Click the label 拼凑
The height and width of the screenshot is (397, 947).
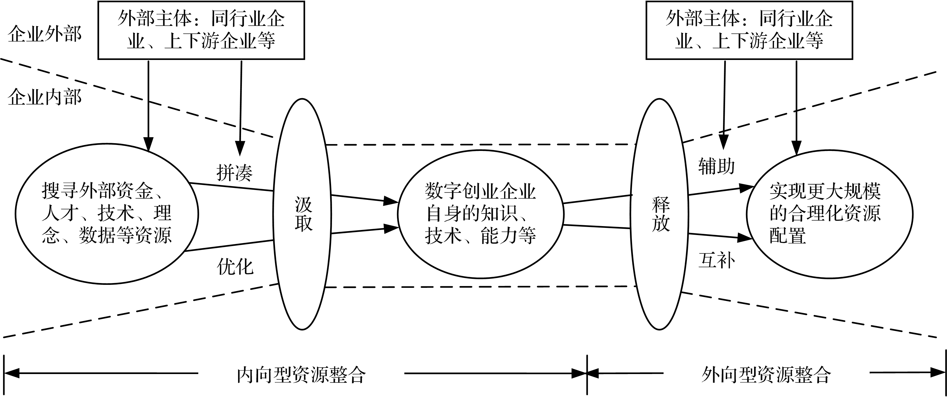234,173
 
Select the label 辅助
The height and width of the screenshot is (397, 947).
716,166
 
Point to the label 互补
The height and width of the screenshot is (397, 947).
716,261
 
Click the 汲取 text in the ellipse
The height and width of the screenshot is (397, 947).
303,214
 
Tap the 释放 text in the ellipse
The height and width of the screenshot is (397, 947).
661,214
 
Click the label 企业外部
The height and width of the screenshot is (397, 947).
44,35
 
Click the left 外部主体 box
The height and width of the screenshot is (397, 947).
201,30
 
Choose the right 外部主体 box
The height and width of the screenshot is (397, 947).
749,30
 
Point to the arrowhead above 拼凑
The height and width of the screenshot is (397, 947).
240,149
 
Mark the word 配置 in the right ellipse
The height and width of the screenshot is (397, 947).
787,236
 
